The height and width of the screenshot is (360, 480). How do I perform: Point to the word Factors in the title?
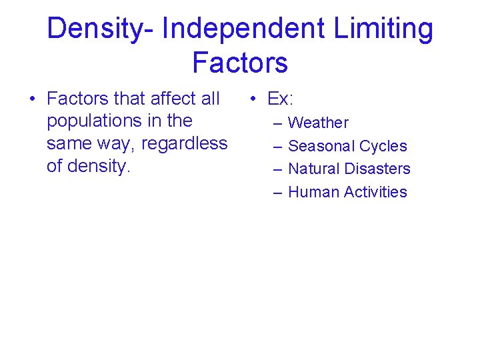coord(240,62)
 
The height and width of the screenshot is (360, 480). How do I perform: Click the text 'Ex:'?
coord(280,99)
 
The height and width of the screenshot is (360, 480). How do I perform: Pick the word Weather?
coord(318,123)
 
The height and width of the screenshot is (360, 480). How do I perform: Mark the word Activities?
coord(375,192)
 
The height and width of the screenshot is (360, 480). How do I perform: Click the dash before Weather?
coord(276,123)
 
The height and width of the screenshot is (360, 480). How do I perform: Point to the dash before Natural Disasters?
coord(276,169)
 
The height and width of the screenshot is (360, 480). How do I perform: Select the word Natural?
coord(315,169)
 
